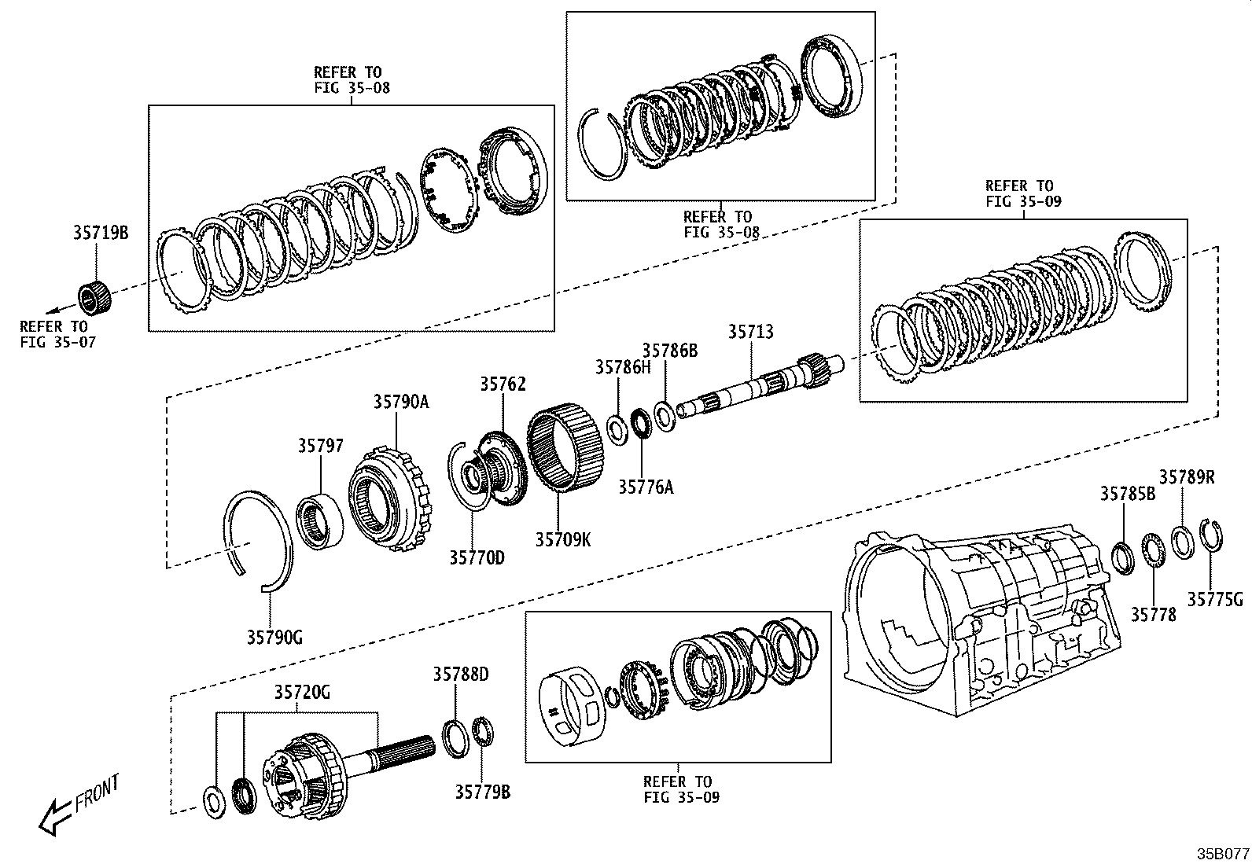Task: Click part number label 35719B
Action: click(100, 233)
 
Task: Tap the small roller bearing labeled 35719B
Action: click(95, 297)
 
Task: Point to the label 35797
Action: click(320, 447)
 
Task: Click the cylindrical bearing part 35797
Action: click(320, 521)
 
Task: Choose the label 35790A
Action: click(400, 403)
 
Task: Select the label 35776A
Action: click(645, 487)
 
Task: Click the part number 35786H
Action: click(622, 367)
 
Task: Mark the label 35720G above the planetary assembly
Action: click(302, 693)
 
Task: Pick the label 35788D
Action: click(460, 675)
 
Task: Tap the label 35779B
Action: click(481, 792)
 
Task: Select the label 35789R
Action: click(1186, 477)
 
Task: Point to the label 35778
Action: click(1153, 615)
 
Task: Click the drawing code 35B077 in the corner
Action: click(1222, 853)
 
